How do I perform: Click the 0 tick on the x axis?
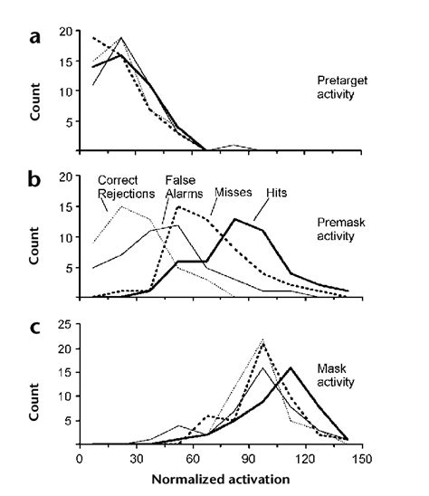(x=81, y=458)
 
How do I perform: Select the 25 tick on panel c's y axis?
(x=64, y=325)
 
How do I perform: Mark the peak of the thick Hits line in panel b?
(x=234, y=219)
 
